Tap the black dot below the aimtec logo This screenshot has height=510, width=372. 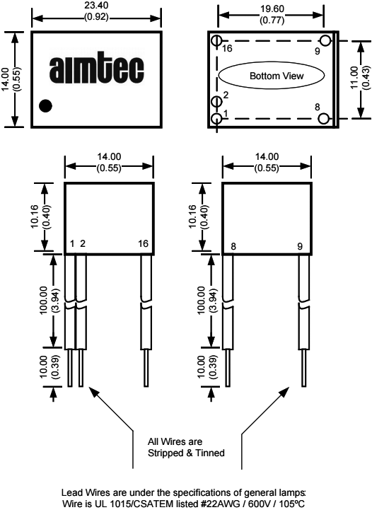pos(45,105)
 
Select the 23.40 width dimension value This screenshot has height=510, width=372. pos(96,6)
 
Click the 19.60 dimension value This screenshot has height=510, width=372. pos(272,8)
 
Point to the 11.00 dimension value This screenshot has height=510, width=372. pos(354,77)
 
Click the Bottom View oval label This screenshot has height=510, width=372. pos(271,76)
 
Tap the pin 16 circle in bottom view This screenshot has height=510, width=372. pos(216,40)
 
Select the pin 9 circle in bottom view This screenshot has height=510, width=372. pos(325,40)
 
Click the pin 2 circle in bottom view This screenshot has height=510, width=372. pos(216,102)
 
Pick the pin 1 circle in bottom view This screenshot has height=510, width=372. pos(216,118)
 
